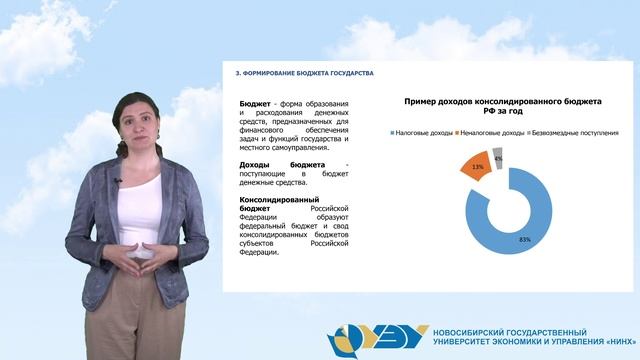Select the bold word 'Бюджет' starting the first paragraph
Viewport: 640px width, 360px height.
point(254,103)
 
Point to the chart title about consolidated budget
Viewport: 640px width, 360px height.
point(502,107)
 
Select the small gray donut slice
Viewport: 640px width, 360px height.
point(498,154)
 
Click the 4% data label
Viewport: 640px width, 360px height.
point(498,158)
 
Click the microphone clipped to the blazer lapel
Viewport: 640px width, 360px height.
point(117,180)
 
